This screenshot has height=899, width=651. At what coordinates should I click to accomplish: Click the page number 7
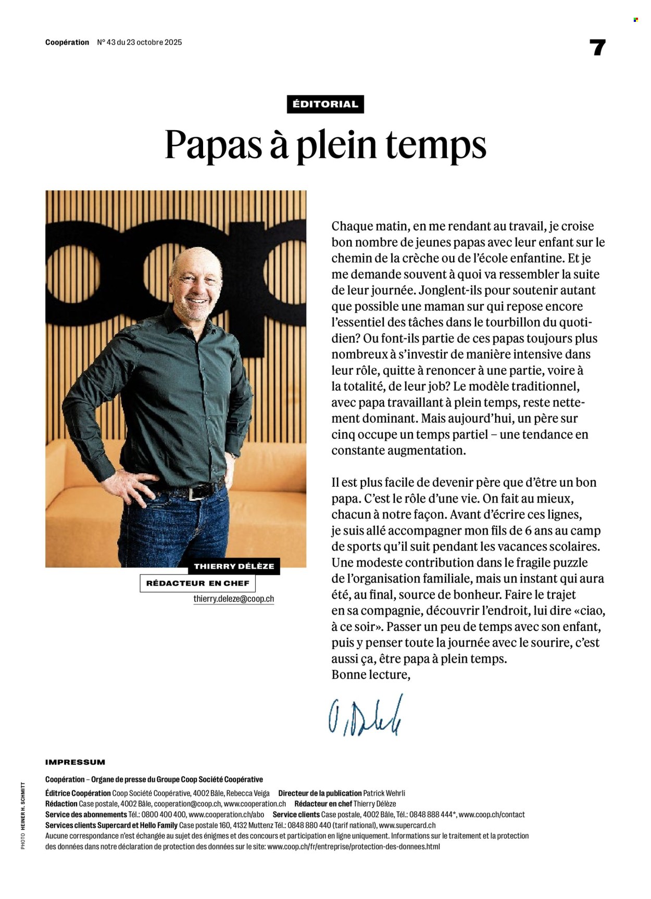[597, 48]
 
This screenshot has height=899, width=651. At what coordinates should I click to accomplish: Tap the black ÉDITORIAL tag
[325, 104]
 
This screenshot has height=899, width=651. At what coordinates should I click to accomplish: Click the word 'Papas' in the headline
[213, 144]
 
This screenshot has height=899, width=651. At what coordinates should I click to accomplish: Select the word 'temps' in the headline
[436, 145]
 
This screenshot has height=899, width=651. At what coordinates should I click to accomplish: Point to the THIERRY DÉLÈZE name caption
[234, 566]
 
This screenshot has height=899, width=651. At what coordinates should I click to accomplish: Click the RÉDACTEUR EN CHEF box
[197, 583]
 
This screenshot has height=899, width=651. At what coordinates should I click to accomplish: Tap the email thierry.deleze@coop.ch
[233, 599]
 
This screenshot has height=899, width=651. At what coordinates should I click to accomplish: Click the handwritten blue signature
[365, 715]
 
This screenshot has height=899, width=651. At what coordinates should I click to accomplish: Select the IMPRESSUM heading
[75, 762]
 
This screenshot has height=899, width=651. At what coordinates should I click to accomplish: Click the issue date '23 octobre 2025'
[154, 42]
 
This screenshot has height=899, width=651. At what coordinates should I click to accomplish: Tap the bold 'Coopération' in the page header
[67, 42]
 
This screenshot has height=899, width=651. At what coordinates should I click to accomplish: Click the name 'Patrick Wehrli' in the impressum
[384, 793]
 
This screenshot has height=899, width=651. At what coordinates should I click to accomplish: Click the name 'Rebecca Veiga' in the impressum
[248, 793]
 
